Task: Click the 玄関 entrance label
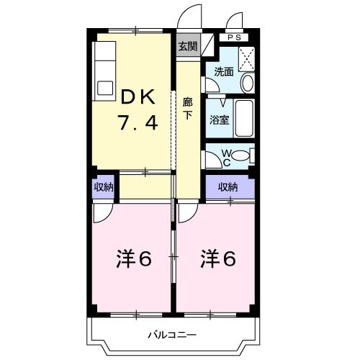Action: pyautogui.click(x=187, y=47)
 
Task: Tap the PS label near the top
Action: pyautogui.click(x=235, y=37)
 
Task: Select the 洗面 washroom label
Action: pyautogui.click(x=224, y=71)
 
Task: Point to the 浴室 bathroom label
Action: pyautogui.click(x=220, y=120)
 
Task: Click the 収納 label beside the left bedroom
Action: pyautogui.click(x=103, y=186)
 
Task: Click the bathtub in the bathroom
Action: pyautogui.click(x=245, y=120)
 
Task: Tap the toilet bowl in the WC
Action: pyautogui.click(x=243, y=155)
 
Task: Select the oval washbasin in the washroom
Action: pyautogui.click(x=247, y=83)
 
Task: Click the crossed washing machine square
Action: pyautogui.click(x=246, y=57)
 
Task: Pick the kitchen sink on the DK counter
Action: pyautogui.click(x=104, y=88)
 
